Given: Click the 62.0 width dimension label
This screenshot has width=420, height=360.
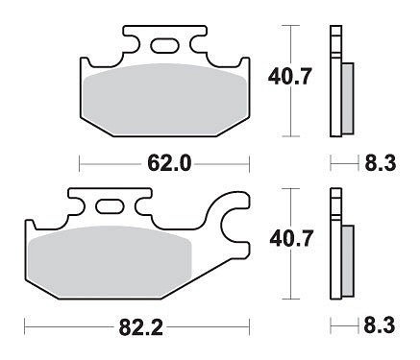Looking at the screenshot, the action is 169,163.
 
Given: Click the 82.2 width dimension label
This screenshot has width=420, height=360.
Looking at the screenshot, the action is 140,327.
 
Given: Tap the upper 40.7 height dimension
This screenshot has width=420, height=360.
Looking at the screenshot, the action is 289,78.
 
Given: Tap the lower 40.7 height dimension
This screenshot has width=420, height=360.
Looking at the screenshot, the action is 291,239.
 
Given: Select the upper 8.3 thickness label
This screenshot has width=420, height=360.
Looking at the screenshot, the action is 380,163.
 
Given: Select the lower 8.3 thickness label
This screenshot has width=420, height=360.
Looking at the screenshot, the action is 380,326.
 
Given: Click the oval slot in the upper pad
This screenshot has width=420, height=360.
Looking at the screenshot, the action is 164,45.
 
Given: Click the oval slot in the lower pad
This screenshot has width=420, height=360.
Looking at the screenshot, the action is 110,206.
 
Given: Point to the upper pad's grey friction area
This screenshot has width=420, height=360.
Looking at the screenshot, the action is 164,99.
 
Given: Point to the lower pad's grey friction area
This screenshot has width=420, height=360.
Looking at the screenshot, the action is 110,261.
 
